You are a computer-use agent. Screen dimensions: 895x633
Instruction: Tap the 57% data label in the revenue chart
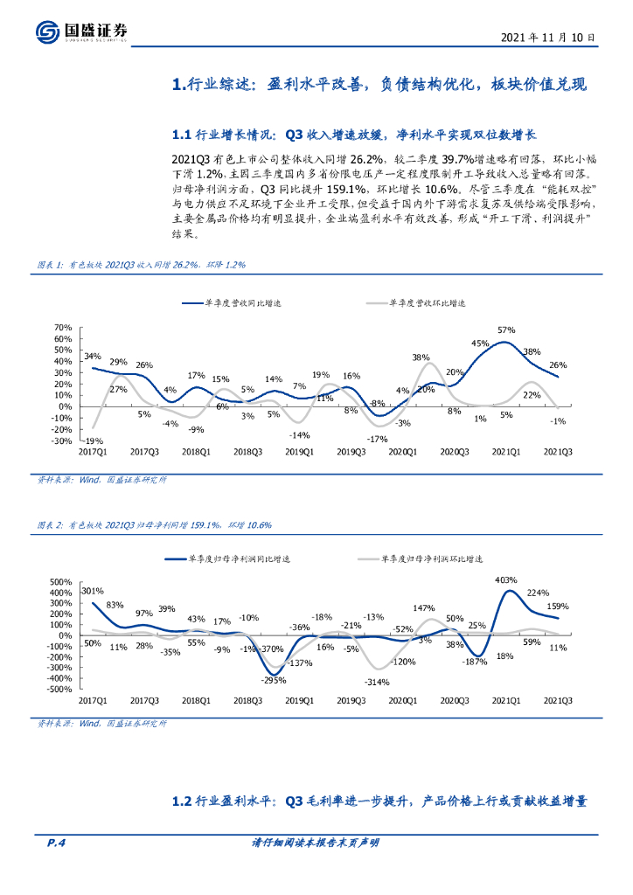click(506, 330)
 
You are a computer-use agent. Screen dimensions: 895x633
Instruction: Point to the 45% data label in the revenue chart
click(479, 343)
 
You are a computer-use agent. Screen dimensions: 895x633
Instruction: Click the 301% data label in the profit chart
click(92, 590)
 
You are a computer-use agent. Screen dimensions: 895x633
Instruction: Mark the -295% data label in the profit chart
click(275, 680)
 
